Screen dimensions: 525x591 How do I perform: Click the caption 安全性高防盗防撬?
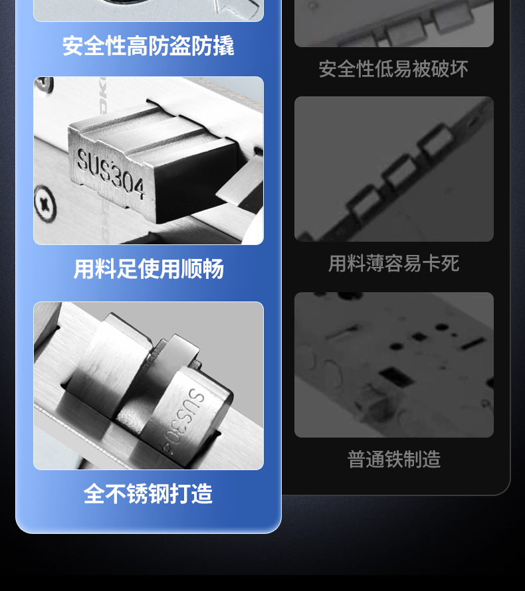click(148, 46)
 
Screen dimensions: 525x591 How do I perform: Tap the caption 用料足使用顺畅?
click(149, 269)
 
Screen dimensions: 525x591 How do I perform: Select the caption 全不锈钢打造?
click(148, 493)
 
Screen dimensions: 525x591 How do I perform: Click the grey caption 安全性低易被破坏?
click(393, 69)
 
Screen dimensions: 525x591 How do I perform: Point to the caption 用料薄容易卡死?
click(393, 263)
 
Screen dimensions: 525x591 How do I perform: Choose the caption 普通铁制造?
click(393, 459)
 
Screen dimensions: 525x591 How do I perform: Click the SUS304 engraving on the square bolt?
click(110, 173)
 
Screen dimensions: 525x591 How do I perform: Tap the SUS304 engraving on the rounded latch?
click(185, 420)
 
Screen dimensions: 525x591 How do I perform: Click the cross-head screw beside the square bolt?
click(45, 205)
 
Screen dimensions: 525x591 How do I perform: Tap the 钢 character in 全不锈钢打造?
click(159, 493)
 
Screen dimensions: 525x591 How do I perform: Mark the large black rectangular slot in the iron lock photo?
click(395, 377)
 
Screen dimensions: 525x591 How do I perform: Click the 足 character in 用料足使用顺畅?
click(127, 269)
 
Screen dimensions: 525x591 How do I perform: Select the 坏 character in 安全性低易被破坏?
click(459, 69)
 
